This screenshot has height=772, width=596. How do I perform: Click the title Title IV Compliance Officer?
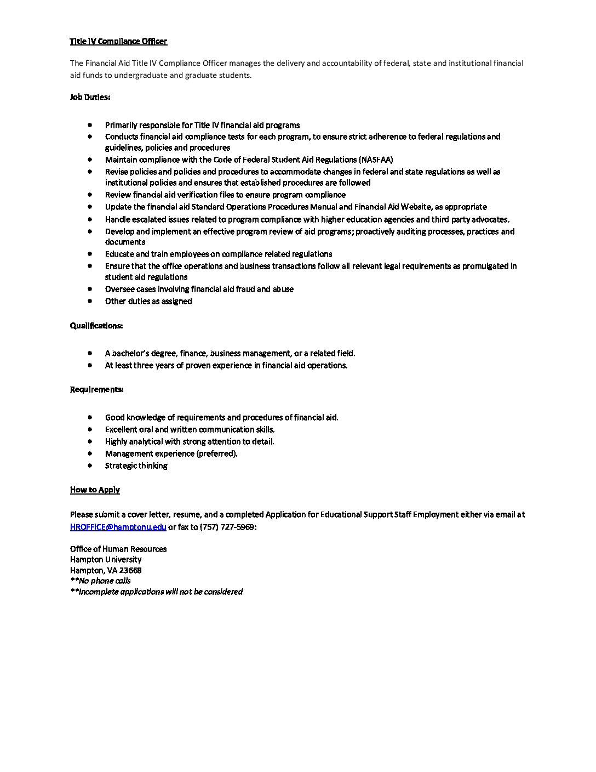pyautogui.click(x=118, y=41)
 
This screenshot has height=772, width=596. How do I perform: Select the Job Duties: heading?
pyautogui.click(x=90, y=97)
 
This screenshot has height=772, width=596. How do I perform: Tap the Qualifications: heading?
pyautogui.click(x=96, y=326)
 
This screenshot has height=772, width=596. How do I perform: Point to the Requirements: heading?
pyautogui.click(x=96, y=389)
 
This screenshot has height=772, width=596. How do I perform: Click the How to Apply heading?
pyautogui.click(x=95, y=490)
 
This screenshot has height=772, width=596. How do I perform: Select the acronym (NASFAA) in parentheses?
pyautogui.click(x=375, y=160)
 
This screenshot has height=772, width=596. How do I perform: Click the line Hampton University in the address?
pyautogui.click(x=106, y=559)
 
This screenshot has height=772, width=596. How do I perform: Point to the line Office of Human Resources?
pyautogui.click(x=118, y=549)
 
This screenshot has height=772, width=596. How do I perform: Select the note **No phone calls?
pyautogui.click(x=100, y=581)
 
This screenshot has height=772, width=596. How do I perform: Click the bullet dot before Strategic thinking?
pyautogui.click(x=90, y=466)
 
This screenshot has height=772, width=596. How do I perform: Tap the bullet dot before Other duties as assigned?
pyautogui.click(x=90, y=301)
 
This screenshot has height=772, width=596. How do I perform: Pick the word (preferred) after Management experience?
pyautogui.click(x=217, y=453)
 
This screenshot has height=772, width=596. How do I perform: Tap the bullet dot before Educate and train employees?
pyautogui.click(x=90, y=254)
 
